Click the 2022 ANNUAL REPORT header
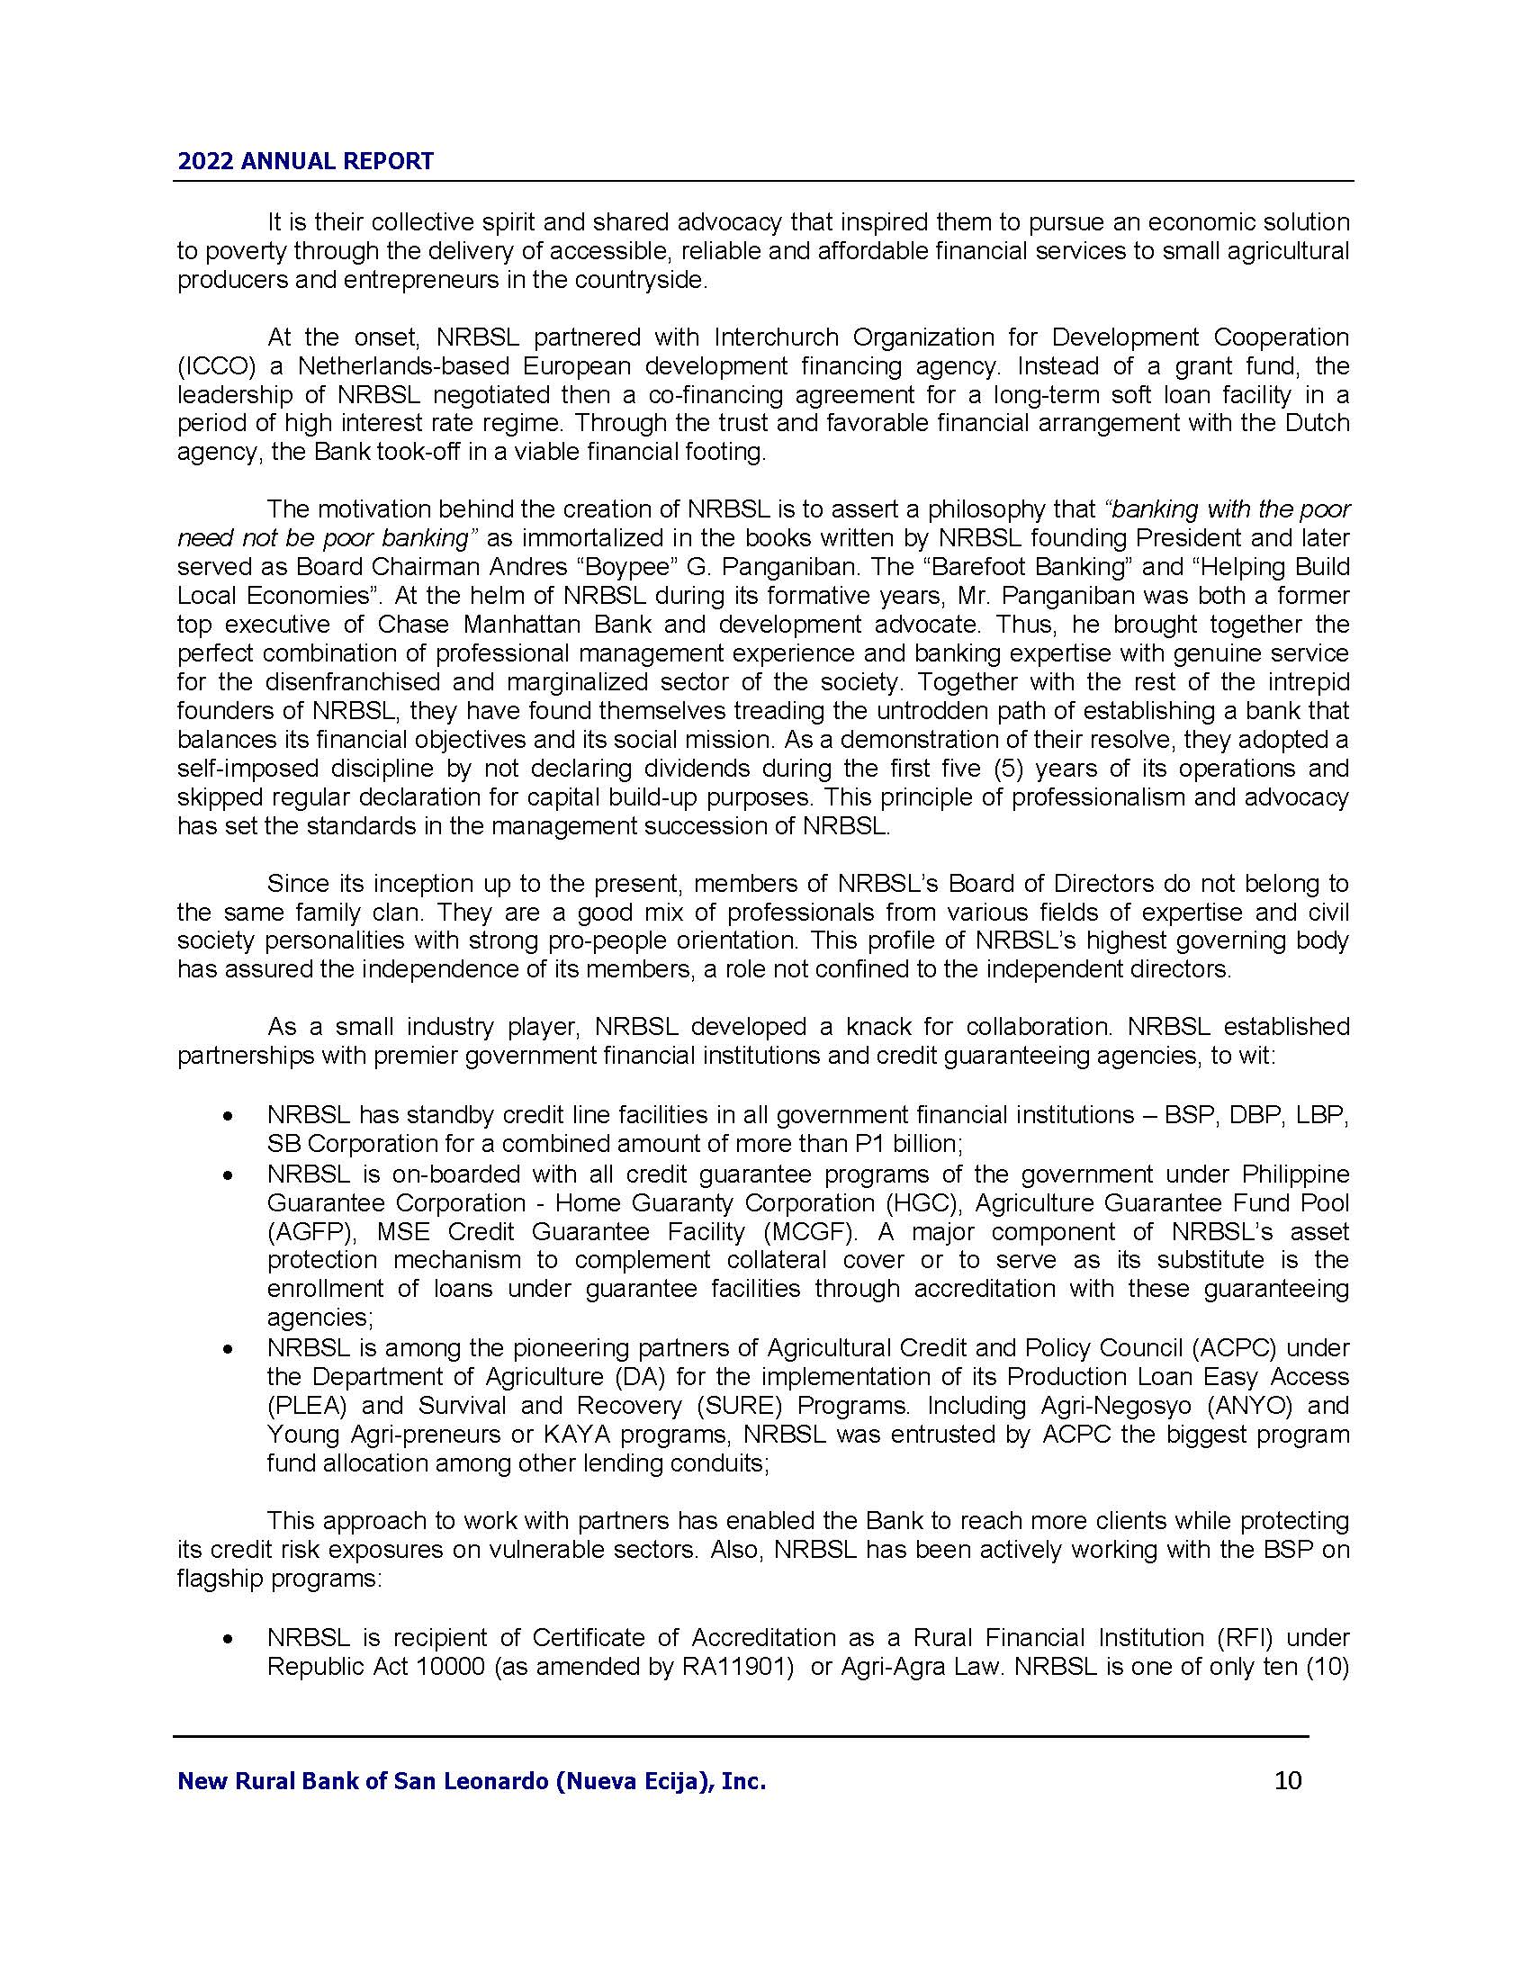[305, 161]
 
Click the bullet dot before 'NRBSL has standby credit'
[229, 1116]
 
